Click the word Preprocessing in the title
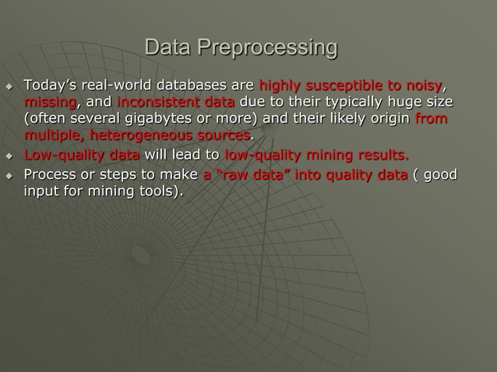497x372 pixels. coord(267,48)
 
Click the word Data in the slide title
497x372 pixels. coord(169,48)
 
